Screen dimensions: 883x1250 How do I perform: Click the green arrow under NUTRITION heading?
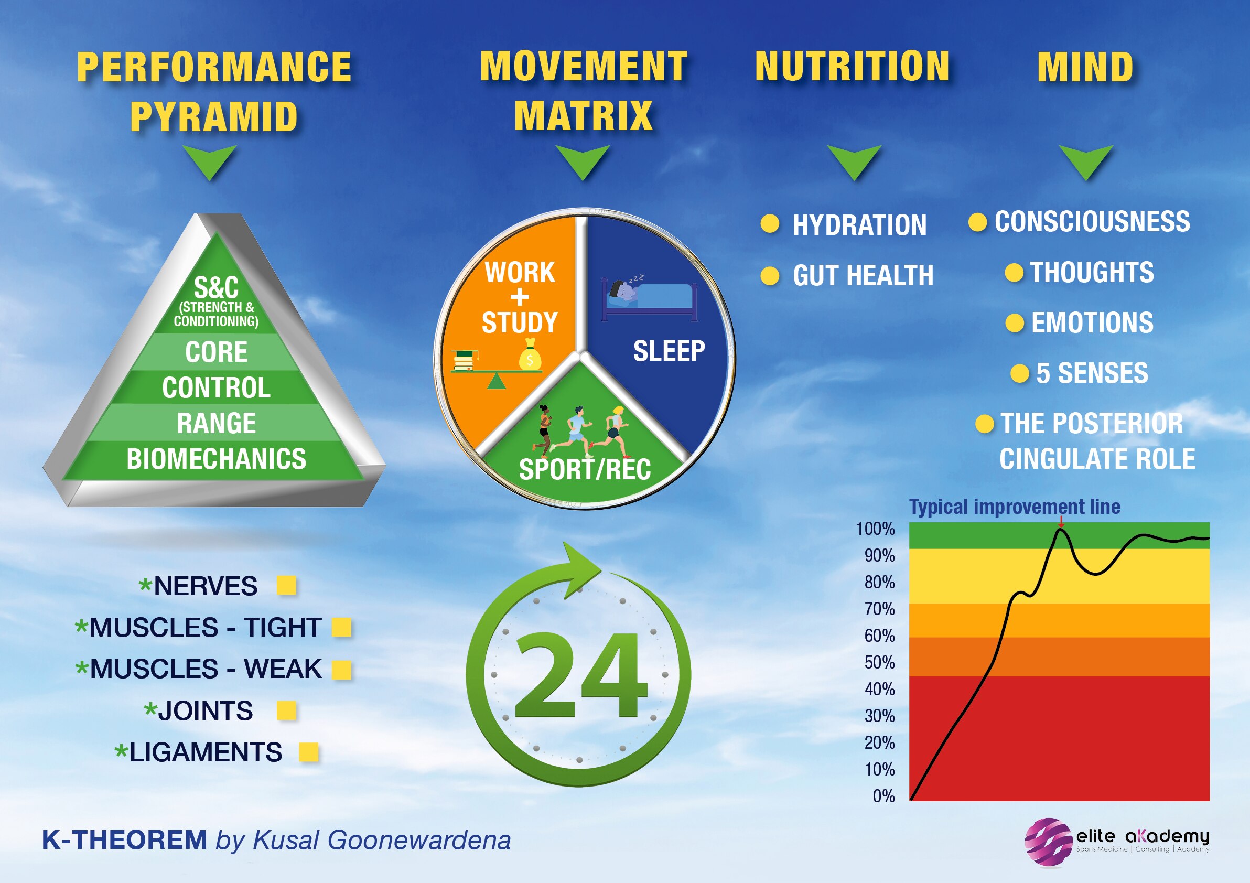[854, 161]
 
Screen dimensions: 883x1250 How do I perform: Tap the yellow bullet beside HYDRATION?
[770, 224]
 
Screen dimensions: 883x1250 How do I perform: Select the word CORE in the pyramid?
[216, 352]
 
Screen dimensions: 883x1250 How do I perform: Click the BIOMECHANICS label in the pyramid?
[216, 459]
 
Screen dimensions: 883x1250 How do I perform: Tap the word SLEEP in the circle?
[669, 351]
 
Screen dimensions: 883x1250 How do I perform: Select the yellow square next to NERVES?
[286, 586]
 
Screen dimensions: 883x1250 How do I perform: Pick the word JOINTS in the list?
[205, 710]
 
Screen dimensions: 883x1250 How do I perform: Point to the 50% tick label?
[879, 663]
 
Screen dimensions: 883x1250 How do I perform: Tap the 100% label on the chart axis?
[875, 529]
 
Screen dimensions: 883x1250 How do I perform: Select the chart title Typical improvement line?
[1014, 507]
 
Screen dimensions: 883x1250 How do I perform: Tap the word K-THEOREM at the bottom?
[124, 840]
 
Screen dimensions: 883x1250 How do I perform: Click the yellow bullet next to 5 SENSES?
[1019, 373]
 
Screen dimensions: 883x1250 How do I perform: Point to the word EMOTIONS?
[1092, 323]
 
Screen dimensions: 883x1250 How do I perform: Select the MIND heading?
[1085, 68]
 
